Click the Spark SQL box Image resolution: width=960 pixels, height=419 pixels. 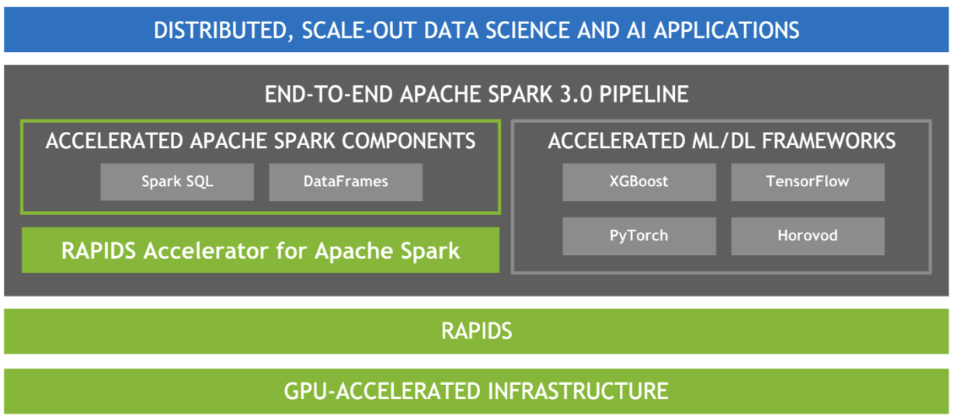(177, 182)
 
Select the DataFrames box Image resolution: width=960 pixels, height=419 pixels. (346, 182)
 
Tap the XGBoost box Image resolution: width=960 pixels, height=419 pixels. (639, 182)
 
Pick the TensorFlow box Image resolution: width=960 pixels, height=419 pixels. (808, 182)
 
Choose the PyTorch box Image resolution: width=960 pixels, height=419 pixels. (639, 236)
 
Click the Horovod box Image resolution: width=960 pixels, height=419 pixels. (808, 236)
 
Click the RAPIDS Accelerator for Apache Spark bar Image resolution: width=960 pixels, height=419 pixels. (260, 251)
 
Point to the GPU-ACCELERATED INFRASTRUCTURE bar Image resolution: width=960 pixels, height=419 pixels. (476, 391)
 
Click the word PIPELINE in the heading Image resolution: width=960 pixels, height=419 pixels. (644, 94)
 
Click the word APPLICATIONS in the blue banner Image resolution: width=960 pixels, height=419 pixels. (726, 31)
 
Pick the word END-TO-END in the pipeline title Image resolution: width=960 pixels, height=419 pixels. (329, 94)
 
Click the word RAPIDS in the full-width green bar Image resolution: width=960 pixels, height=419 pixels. (477, 331)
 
